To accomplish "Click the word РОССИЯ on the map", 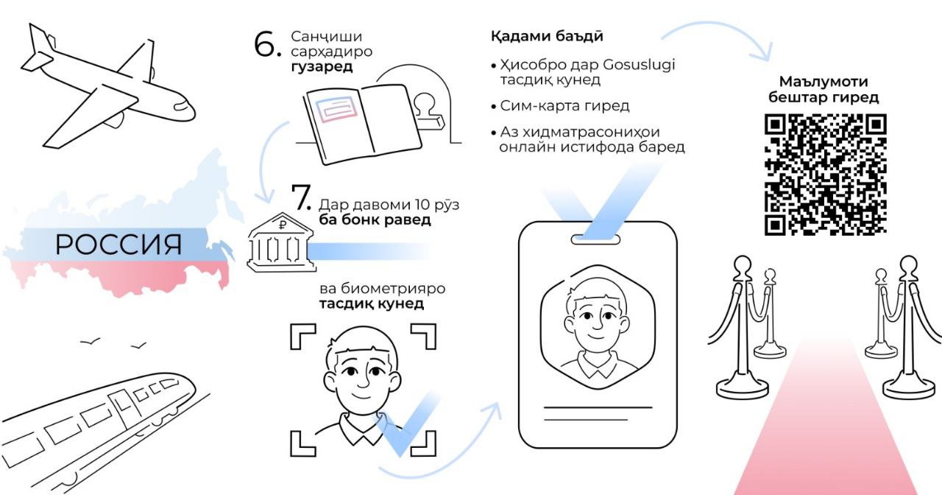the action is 118,245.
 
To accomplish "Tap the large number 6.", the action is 267,43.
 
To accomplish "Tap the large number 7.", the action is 301,197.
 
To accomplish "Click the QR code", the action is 826,175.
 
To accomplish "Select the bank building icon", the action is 282,242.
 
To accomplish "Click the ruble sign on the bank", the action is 283,225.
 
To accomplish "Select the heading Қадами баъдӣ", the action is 547,36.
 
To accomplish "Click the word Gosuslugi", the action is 639,65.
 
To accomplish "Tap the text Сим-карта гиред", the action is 564,105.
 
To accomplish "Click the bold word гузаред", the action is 322,67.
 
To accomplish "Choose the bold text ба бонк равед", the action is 375,220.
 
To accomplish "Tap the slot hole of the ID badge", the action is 595,240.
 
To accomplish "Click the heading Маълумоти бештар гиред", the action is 824,89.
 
